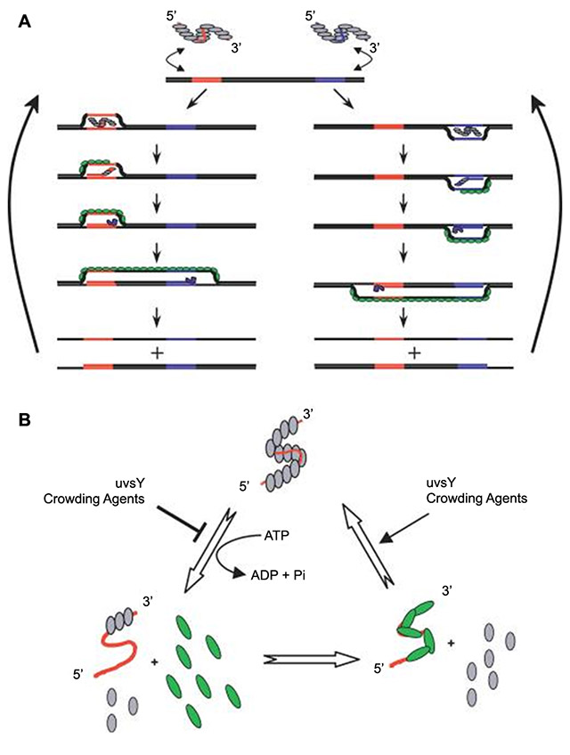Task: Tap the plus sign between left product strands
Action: [157, 353]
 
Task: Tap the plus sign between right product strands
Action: [413, 353]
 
